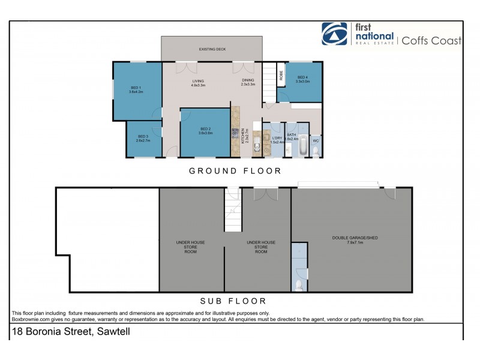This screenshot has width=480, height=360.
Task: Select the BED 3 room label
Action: click(143, 139)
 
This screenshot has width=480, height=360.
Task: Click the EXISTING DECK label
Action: click(211, 49)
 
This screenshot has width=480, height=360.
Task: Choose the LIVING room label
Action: click(198, 82)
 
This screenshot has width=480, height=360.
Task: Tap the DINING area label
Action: click(248, 82)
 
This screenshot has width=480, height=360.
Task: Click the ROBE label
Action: click(280, 76)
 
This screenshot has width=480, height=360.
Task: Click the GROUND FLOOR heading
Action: click(235, 171)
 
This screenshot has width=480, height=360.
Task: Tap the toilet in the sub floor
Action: click(299, 284)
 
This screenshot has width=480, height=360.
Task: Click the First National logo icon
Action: click(334, 34)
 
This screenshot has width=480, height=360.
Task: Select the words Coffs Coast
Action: click(431, 41)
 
